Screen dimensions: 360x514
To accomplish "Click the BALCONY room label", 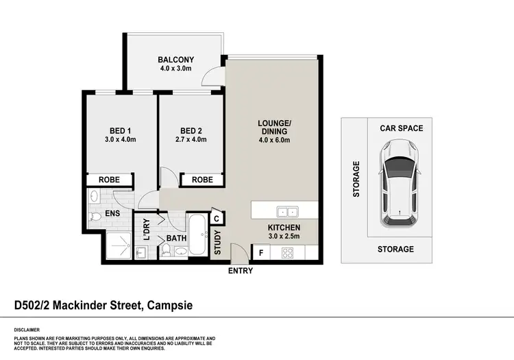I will [x=173, y=59].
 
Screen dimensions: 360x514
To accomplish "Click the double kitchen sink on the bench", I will [x=286, y=211].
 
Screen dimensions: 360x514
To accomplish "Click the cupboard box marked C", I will [x=216, y=219].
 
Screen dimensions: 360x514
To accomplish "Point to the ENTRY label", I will [x=240, y=271].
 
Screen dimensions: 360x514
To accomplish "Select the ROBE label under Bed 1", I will [x=109, y=180].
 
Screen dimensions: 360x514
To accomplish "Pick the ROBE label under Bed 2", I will [x=201, y=180].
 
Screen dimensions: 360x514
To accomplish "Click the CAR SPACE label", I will [x=402, y=128].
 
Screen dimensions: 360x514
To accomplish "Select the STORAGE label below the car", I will [x=395, y=249].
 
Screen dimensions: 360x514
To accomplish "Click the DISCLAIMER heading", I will [x=27, y=329].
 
